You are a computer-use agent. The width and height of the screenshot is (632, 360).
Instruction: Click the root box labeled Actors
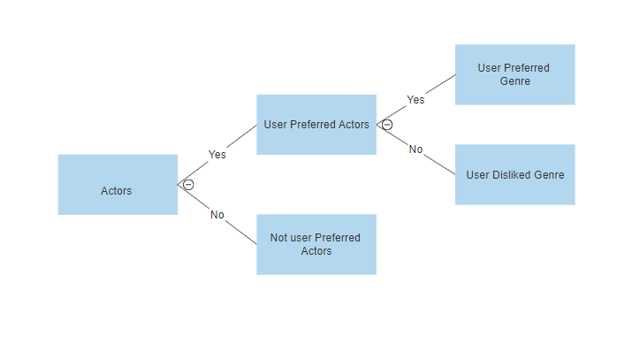click(118, 185)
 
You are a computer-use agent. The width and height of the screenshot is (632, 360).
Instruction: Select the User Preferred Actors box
click(316, 125)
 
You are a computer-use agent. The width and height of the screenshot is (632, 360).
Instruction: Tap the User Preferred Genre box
click(514, 74)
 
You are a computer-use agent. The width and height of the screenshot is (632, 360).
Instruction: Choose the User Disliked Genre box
click(514, 174)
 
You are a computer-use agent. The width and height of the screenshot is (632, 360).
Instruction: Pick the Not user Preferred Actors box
click(316, 244)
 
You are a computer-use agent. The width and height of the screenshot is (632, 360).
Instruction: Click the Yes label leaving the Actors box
click(217, 154)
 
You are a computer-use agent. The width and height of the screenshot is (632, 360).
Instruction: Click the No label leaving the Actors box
click(217, 215)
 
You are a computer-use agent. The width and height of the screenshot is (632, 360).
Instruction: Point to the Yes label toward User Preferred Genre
click(415, 99)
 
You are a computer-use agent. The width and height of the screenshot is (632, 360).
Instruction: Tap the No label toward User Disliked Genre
click(415, 149)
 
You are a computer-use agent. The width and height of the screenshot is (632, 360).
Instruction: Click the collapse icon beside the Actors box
click(188, 185)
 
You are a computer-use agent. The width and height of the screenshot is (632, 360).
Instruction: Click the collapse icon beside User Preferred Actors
click(387, 125)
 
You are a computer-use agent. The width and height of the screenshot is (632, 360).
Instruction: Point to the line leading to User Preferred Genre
click(439, 84)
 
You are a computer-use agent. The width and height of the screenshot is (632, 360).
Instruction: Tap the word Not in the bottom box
click(279, 238)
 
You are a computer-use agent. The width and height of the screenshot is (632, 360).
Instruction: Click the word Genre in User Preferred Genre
click(514, 81)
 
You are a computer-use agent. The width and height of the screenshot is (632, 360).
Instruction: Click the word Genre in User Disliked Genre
click(550, 175)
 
